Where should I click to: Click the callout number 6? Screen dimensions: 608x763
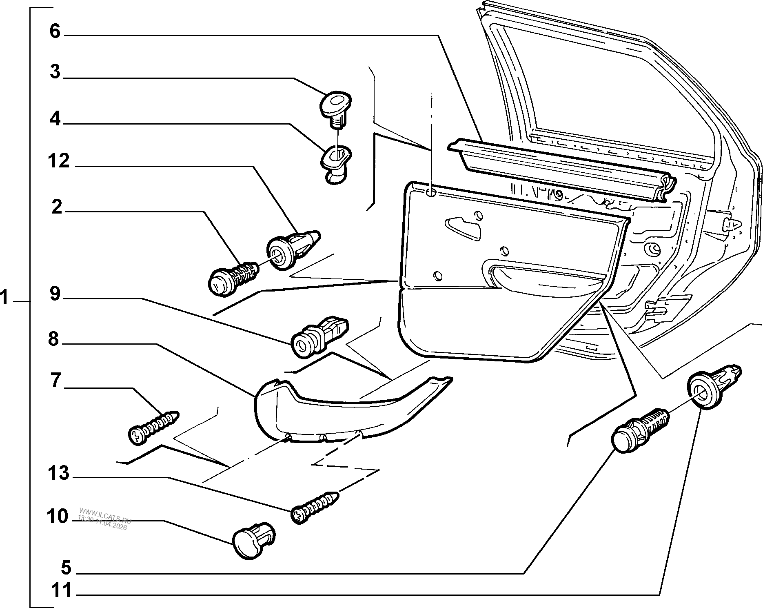coord(55,31)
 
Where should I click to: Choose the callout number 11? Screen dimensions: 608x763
coord(62,590)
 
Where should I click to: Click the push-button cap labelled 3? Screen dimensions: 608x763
coord(335,105)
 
